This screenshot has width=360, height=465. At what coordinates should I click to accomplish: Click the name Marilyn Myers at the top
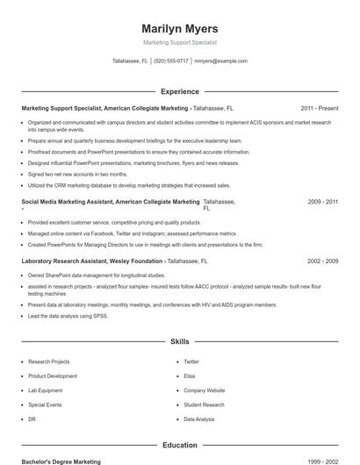(179, 28)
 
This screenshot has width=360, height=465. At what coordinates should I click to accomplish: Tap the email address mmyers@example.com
(220, 61)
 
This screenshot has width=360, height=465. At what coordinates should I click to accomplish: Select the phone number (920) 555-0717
(170, 61)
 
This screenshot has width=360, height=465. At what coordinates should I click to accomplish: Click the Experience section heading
(179, 91)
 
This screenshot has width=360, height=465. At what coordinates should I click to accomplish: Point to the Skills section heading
(179, 340)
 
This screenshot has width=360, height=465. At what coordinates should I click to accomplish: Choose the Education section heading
(179, 445)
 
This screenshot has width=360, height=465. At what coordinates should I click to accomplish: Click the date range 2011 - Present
(319, 108)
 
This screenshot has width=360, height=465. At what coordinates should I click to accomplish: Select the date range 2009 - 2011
(322, 202)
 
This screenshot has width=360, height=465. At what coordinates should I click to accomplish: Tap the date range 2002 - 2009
(322, 261)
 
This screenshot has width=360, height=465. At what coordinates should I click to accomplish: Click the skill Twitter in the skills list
(191, 361)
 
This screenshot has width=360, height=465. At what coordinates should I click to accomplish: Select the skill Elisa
(189, 376)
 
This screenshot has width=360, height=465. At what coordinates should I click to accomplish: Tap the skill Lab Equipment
(45, 390)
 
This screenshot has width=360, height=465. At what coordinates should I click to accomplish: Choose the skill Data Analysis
(198, 419)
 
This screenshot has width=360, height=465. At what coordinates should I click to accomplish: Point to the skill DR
(32, 419)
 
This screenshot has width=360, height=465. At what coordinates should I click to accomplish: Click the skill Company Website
(204, 390)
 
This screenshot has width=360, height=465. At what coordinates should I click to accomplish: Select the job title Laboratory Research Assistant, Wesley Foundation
(92, 261)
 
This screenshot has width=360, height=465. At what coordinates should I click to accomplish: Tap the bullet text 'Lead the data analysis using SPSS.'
(68, 315)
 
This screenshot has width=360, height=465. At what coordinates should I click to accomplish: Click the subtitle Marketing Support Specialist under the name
(179, 42)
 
